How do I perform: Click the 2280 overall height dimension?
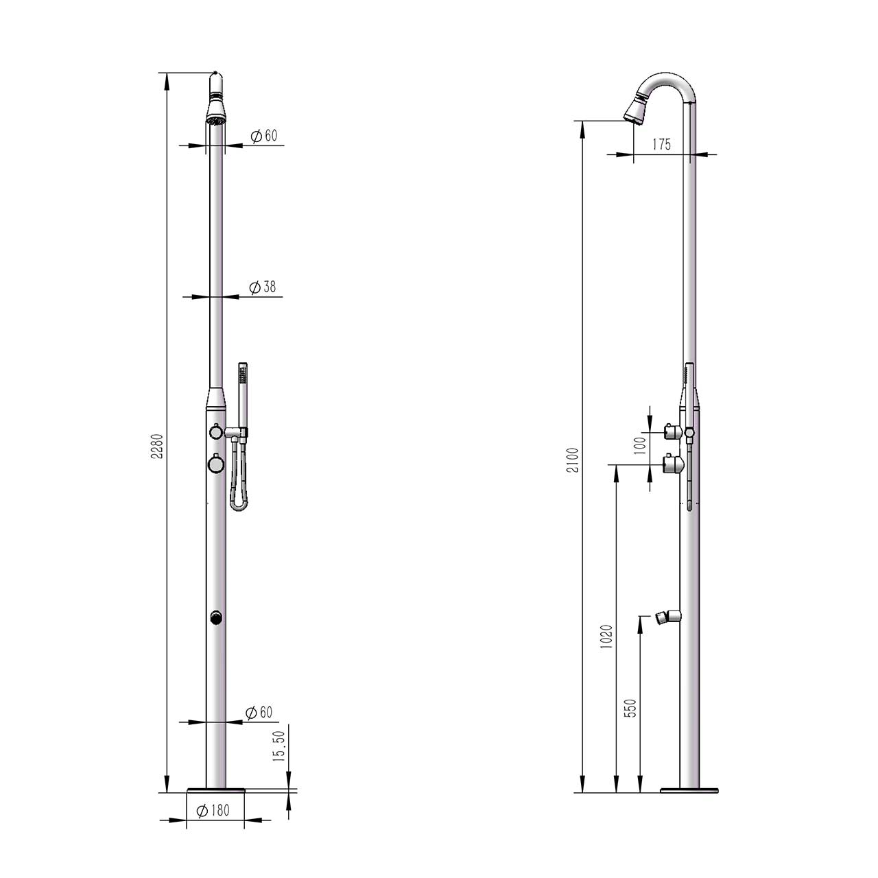pyautogui.click(x=157, y=447)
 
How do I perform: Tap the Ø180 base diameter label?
pyautogui.click(x=213, y=811)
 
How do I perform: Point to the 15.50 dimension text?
pyautogui.click(x=278, y=746)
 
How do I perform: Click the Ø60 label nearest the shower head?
pyautogui.click(x=264, y=136)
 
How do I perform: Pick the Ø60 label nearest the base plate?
pyautogui.click(x=259, y=713)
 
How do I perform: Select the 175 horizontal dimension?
pyautogui.click(x=661, y=145)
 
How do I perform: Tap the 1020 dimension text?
pyautogui.click(x=606, y=637)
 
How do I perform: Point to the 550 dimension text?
pyautogui.click(x=631, y=708)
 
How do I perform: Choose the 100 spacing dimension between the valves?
pyautogui.click(x=640, y=447)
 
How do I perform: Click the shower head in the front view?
pyautogui.click(x=216, y=110)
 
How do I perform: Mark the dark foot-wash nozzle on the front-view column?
pyautogui.click(x=216, y=618)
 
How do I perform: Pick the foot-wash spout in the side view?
pyautogui.click(x=665, y=616)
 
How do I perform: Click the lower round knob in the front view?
pyautogui.click(x=216, y=464)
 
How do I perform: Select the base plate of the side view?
pyautogui.click(x=689, y=791)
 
